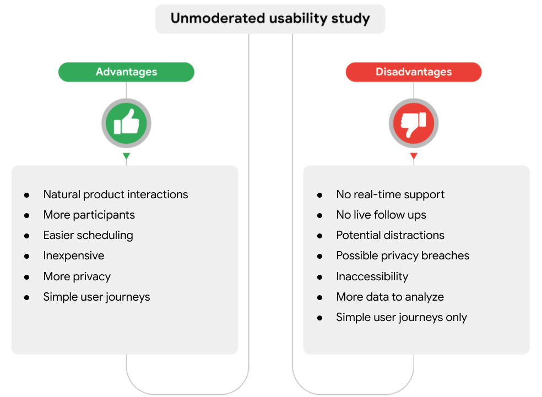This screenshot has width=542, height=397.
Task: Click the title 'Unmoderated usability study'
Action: click(270, 19)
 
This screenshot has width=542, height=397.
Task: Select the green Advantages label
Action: click(126, 72)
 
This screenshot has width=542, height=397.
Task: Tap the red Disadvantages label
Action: click(414, 72)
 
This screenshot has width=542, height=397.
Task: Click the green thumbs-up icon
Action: click(126, 123)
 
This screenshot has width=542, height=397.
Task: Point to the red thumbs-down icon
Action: click(414, 123)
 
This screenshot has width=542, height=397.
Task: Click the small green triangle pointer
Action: click(126, 156)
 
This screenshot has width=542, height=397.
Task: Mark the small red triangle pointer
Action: click(414, 156)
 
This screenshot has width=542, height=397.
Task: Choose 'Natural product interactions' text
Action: click(116, 194)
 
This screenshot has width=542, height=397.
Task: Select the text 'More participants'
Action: click(89, 215)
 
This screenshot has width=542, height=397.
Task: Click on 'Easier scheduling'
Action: click(88, 235)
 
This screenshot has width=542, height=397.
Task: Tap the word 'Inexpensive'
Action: click(74, 255)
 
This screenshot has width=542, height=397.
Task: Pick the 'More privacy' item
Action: click(77, 276)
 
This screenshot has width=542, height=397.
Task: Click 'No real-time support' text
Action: click(390, 194)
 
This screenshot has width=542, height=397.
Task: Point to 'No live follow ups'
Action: click(381, 215)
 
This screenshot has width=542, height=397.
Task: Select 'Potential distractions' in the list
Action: click(390, 235)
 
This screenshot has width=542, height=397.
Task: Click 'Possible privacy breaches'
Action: click(403, 255)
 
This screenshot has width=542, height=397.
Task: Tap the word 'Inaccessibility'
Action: click(372, 276)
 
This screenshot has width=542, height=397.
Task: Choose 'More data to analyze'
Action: click(390, 297)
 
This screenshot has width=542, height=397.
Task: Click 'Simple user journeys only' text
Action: click(402, 317)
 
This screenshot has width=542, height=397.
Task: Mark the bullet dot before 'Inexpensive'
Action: click(26, 256)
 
